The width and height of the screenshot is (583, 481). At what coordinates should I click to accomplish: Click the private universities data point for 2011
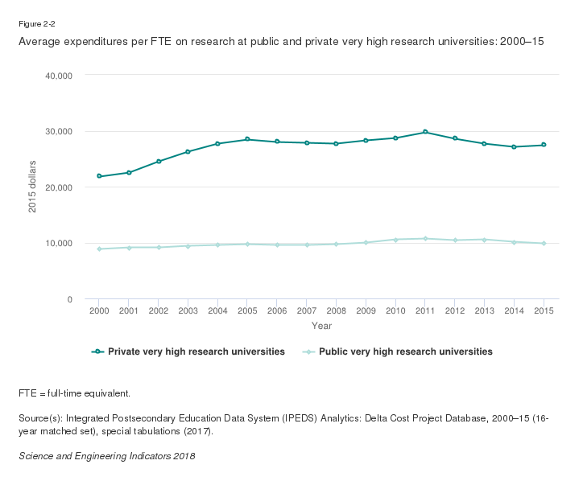coord(425,132)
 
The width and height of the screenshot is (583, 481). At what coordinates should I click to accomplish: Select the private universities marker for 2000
coord(99,176)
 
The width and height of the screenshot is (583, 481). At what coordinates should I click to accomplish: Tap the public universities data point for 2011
coord(425,239)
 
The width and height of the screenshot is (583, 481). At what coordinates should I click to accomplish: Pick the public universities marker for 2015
coord(544,243)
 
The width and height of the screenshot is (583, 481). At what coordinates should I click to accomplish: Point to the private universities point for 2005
coord(247,139)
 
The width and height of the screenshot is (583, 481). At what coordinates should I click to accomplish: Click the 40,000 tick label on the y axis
coord(57,76)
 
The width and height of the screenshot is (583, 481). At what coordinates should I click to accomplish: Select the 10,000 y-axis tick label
coord(57,243)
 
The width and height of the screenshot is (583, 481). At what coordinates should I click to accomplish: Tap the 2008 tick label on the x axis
coord(336,310)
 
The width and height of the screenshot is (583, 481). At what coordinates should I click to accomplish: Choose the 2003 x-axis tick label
coord(188,310)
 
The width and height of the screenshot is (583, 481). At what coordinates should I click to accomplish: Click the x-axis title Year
coord(321,326)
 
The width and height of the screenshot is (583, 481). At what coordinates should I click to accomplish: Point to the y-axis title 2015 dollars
coord(33,187)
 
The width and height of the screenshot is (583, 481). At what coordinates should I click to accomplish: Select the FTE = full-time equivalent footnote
coord(74,393)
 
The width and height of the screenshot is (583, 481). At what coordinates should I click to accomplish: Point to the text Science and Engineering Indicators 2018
coord(106,456)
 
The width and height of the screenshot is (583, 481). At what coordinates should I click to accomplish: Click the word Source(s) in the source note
coord(39,418)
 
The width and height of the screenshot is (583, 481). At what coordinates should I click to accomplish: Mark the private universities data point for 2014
coord(514,146)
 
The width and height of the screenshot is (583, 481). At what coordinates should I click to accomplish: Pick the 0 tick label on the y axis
coord(70,299)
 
